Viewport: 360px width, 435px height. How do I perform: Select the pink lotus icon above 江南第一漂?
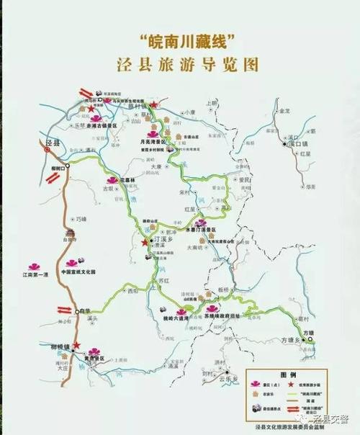(33, 265)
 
